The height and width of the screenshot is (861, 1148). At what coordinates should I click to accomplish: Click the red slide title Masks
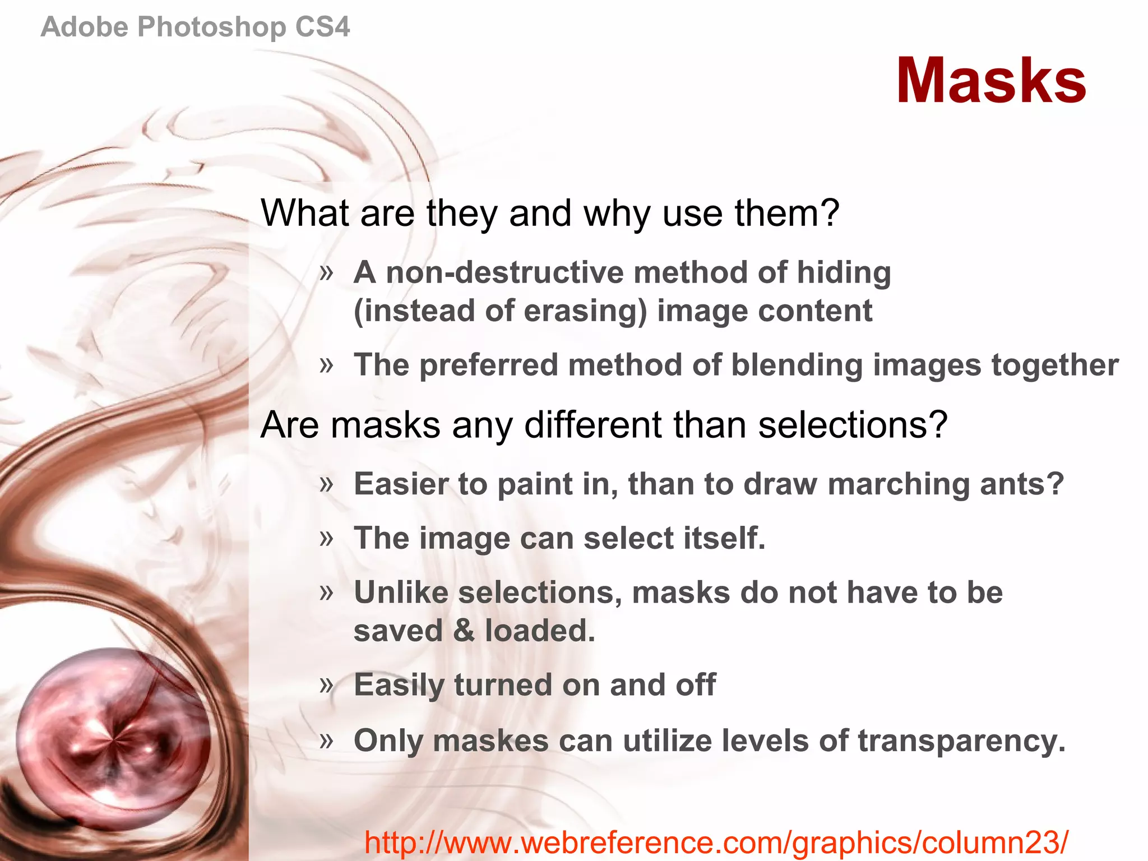tap(991, 81)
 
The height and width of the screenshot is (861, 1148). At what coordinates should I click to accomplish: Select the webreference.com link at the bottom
tap(716, 841)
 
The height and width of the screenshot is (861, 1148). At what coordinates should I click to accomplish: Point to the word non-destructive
tap(504, 272)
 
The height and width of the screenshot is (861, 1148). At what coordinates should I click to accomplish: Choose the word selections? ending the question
tap(853, 424)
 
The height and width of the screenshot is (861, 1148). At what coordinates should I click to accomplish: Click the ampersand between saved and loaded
tap(464, 631)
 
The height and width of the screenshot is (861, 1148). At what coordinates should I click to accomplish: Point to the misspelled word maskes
tap(490, 740)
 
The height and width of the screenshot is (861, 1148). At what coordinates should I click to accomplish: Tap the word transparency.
tap(961, 740)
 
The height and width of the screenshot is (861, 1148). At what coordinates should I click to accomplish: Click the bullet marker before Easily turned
tap(326, 684)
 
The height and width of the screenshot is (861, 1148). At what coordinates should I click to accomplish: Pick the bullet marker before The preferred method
tap(326, 365)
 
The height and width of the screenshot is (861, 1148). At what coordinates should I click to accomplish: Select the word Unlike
tap(401, 592)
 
